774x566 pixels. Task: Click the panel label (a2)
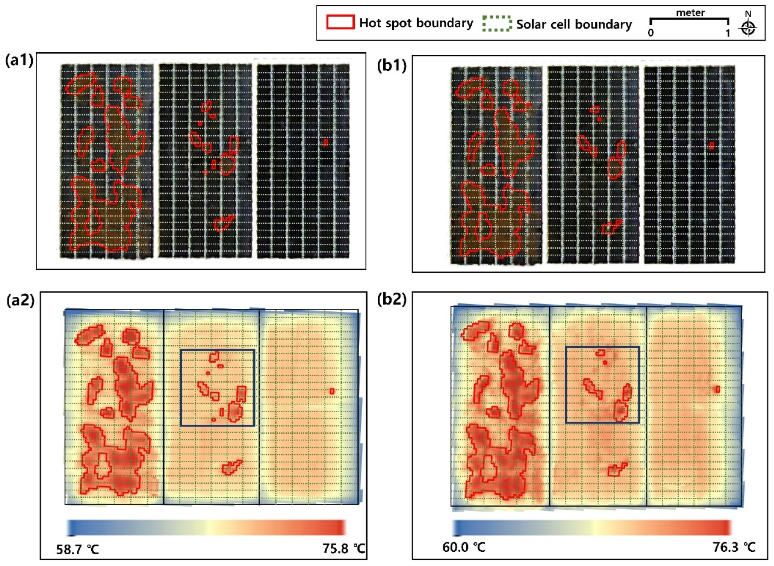(x=20, y=300)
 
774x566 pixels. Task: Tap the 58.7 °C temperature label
(x=78, y=550)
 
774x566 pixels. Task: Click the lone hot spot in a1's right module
(x=325, y=142)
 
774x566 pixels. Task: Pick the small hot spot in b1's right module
(x=712, y=146)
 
